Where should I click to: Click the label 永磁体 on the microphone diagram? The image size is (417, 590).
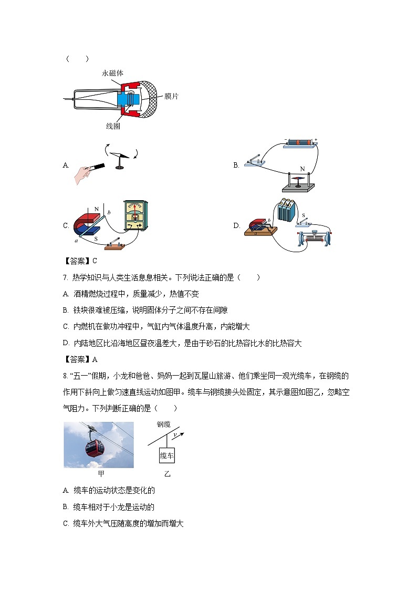[x=112, y=74]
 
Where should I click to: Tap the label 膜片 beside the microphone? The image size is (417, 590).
[x=172, y=97]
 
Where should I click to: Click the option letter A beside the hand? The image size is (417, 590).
[x=66, y=165]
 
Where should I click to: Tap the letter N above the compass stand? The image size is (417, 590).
[x=303, y=169]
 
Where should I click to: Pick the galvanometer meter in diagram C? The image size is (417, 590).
[x=136, y=215]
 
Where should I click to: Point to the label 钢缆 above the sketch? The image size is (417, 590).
[x=164, y=425]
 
